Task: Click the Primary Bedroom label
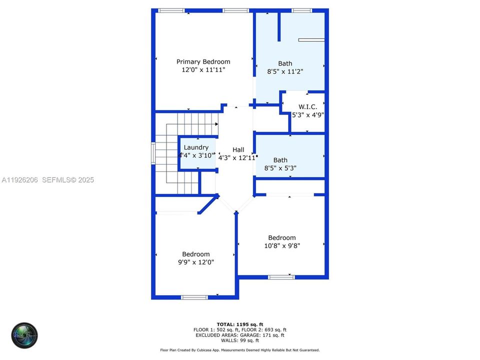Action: click(203, 62)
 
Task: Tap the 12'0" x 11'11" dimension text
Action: click(203, 70)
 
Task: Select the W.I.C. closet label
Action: click(307, 106)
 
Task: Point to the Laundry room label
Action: click(196, 147)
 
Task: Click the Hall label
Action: click(238, 149)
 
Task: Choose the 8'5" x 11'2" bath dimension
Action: click(285, 71)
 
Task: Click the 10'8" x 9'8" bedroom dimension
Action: click(282, 245)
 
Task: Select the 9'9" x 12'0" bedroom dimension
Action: click(195, 262)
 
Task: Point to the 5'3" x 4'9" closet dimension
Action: click(308, 114)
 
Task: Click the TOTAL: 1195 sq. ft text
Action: click(240, 324)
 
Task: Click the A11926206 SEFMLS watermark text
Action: click(48, 180)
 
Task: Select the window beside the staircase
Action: click(153, 153)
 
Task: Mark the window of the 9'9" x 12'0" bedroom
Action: click(194, 297)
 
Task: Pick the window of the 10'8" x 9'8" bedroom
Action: click(281, 277)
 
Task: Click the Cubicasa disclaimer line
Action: click(240, 350)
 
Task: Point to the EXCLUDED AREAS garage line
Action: click(240, 335)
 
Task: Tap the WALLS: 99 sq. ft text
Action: click(240, 340)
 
